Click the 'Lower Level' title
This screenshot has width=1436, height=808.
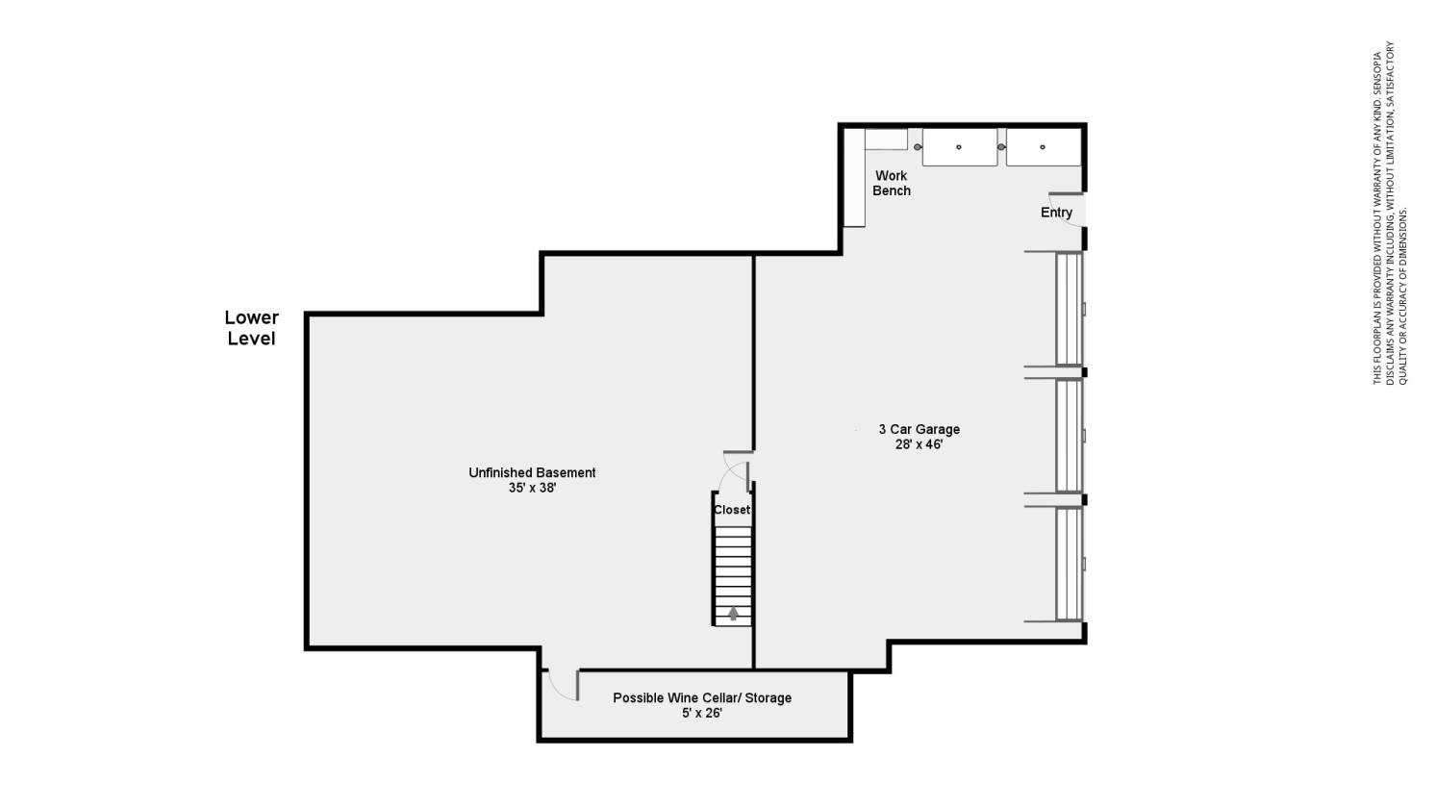(251, 328)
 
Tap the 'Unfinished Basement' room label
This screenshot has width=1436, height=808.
(532, 472)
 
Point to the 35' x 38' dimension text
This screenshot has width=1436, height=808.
(532, 488)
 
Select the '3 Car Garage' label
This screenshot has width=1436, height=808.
(920, 429)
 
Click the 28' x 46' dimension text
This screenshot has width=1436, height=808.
(920, 444)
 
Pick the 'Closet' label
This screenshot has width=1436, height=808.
(731, 510)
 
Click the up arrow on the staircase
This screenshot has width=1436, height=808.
(733, 613)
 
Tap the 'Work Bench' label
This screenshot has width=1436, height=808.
(891, 183)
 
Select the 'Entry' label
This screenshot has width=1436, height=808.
(1056, 213)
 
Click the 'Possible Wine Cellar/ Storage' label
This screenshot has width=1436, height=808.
(702, 697)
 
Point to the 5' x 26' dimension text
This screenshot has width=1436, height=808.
(702, 713)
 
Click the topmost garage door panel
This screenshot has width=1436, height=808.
(1069, 309)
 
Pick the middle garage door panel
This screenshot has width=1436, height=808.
(1069, 436)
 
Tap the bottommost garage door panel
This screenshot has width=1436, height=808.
(1069, 564)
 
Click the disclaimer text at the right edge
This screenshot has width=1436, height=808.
(1390, 214)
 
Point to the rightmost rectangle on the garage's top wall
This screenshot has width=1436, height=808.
(1043, 147)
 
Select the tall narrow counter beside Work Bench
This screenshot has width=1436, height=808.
(854, 178)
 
